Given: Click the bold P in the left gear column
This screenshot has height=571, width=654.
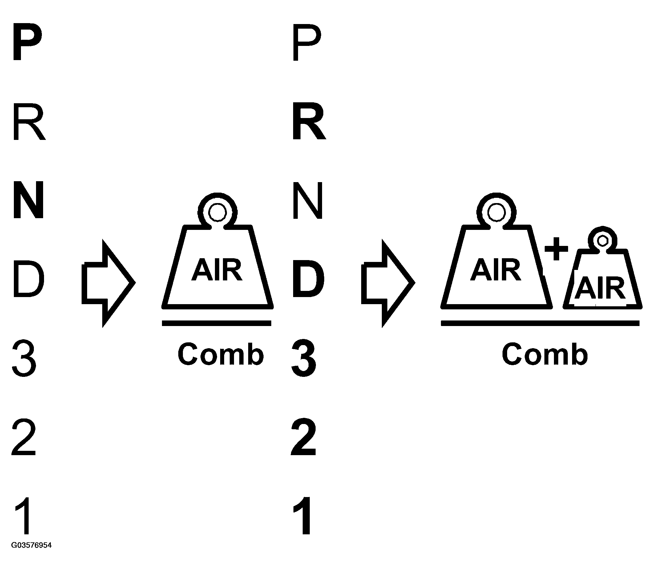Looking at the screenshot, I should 27,41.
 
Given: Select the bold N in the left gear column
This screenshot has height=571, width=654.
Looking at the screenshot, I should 28,200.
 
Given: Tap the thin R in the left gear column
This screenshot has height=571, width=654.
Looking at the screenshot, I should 29,122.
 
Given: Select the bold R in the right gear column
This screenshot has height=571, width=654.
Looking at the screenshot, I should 309,121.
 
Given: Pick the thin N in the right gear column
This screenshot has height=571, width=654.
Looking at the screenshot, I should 308,200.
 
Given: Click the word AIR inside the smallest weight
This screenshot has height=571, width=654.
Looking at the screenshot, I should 599,288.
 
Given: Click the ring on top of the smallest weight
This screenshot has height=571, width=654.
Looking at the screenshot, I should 602,241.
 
